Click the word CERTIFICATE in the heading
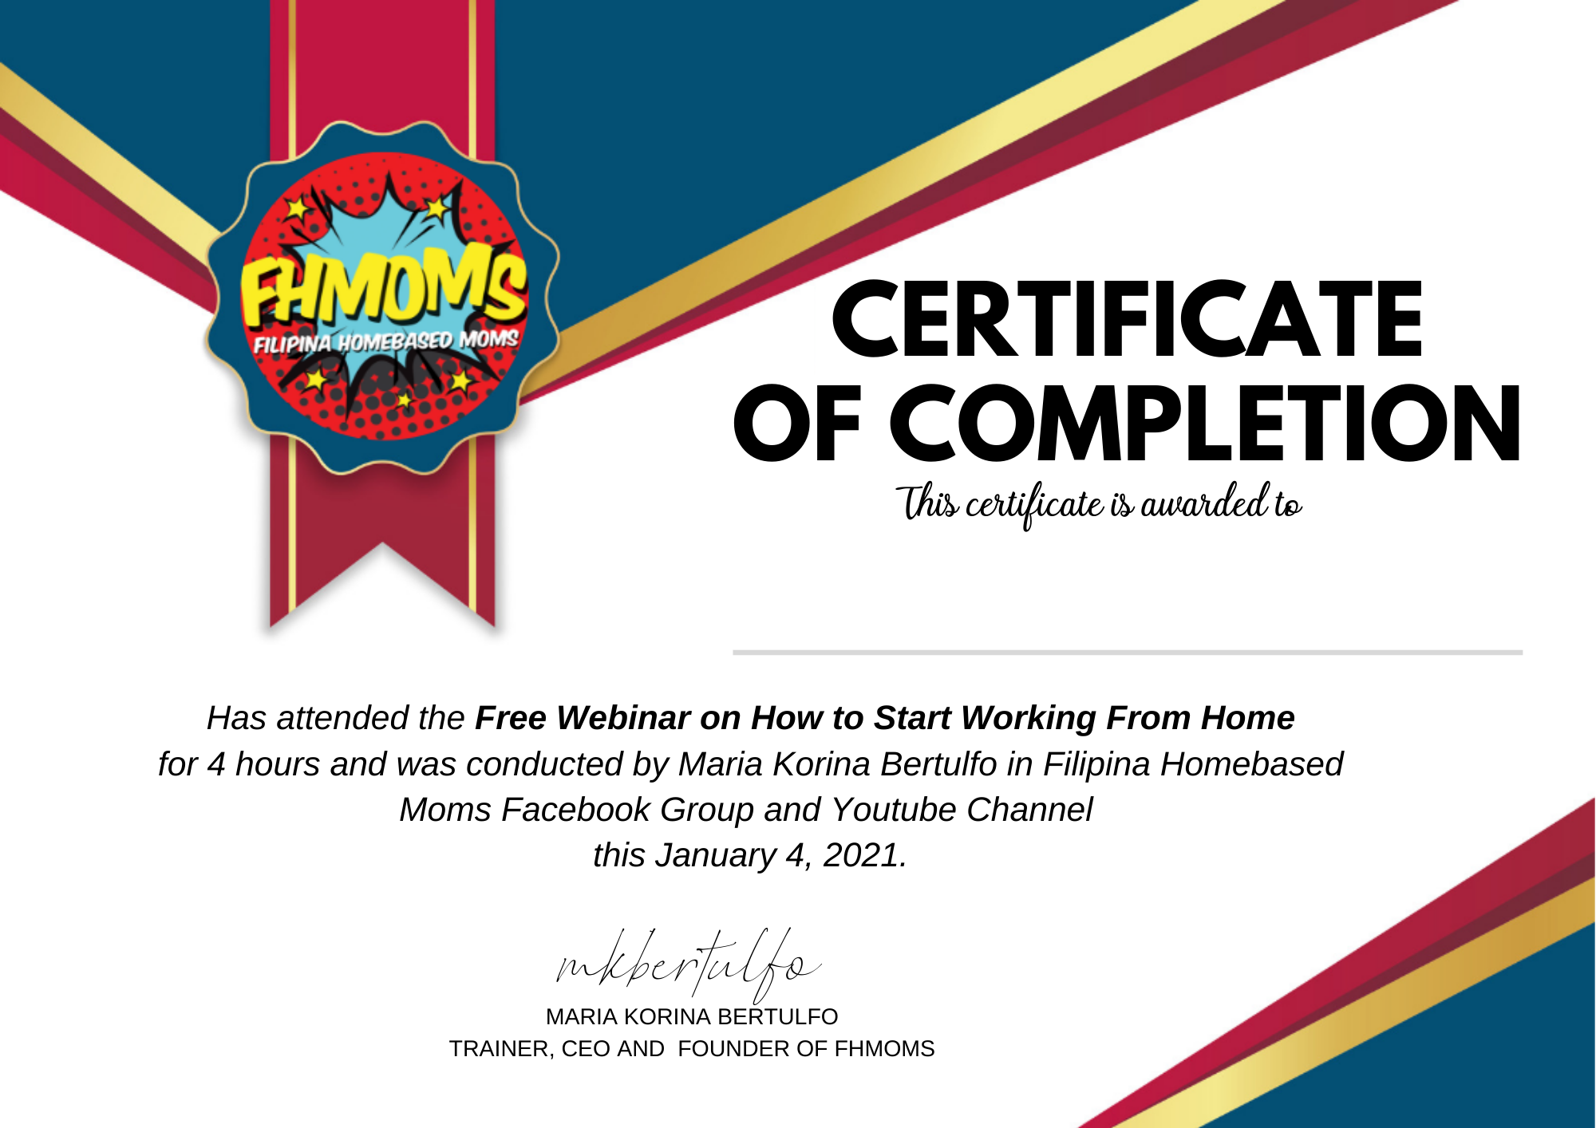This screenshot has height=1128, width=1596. [x=1127, y=319]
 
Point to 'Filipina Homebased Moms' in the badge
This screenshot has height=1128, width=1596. [x=385, y=341]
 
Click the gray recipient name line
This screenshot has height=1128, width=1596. [x=1128, y=653]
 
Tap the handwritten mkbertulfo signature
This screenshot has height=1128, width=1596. [x=688, y=966]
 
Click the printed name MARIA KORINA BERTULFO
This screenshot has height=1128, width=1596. [x=692, y=1017]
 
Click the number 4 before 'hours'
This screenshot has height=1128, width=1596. [x=216, y=765]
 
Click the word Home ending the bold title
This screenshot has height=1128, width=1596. [x=1247, y=718]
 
